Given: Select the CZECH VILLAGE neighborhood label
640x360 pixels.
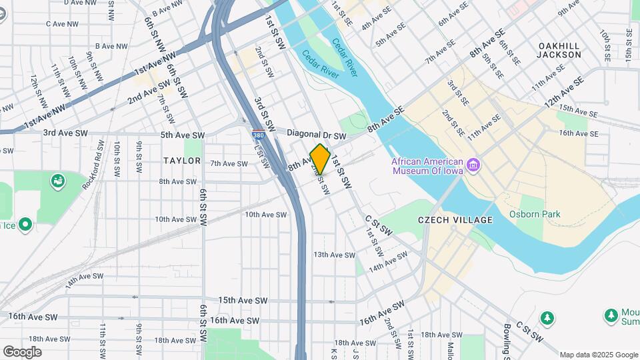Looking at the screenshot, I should [455, 220].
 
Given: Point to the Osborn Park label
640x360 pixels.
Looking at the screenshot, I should [535, 214].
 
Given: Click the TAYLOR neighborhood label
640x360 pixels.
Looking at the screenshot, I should [182, 161].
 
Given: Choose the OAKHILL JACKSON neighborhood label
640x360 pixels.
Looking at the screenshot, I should [559, 50].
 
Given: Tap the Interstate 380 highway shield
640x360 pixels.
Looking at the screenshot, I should [257, 135].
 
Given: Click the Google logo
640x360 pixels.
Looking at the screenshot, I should [22, 351].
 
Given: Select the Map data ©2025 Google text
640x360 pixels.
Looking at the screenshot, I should [598, 355].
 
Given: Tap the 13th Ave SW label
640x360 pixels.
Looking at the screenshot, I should [334, 255].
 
